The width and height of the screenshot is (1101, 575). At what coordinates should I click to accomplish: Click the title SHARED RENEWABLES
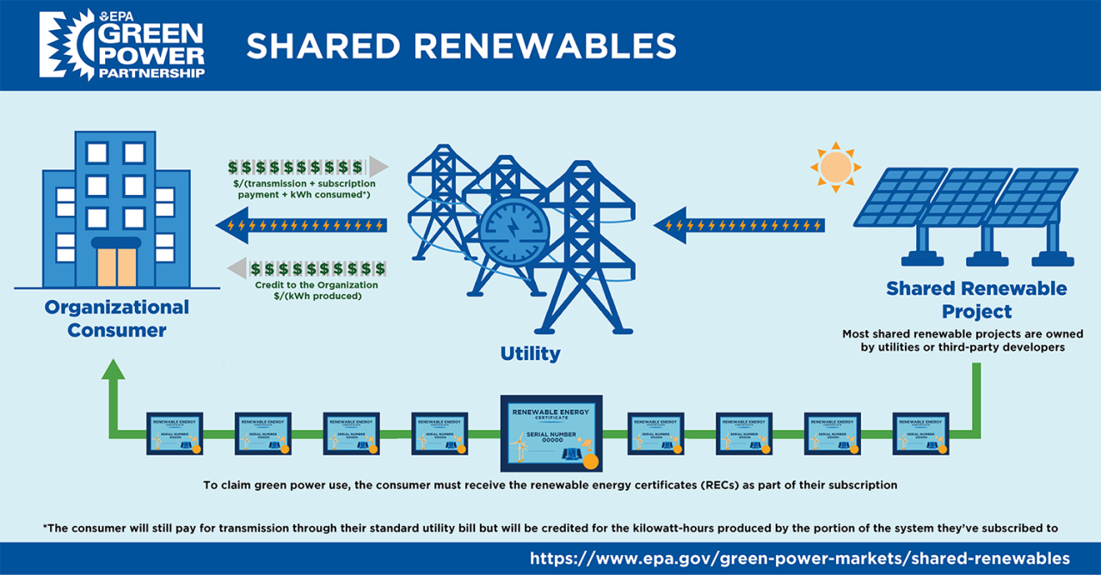pyautogui.click(x=460, y=46)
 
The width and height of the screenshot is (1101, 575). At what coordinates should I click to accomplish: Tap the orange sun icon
pyautogui.click(x=834, y=167)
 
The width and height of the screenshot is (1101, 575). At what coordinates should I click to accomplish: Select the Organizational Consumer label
pyautogui.click(x=117, y=318)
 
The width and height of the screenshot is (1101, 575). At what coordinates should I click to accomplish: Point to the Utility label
pyautogui.click(x=530, y=353)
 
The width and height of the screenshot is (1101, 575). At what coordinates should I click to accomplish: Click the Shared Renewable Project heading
pyautogui.click(x=976, y=299)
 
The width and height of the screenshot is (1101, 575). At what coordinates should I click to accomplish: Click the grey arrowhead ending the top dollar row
pyautogui.click(x=378, y=166)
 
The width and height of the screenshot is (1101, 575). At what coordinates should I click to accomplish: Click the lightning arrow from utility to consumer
pyautogui.click(x=301, y=226)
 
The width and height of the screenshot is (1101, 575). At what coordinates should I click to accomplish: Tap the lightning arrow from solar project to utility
pyautogui.click(x=740, y=226)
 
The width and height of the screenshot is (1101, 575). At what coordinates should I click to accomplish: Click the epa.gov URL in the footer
pyautogui.click(x=800, y=558)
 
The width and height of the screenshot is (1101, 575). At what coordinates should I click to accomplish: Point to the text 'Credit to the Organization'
pyautogui.click(x=317, y=284)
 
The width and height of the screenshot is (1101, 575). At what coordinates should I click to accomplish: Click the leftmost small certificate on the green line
pyautogui.click(x=174, y=433)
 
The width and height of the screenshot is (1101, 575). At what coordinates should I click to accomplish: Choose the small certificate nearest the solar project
pyautogui.click(x=920, y=433)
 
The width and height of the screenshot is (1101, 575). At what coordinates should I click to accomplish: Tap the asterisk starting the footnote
pyautogui.click(x=45, y=526)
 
